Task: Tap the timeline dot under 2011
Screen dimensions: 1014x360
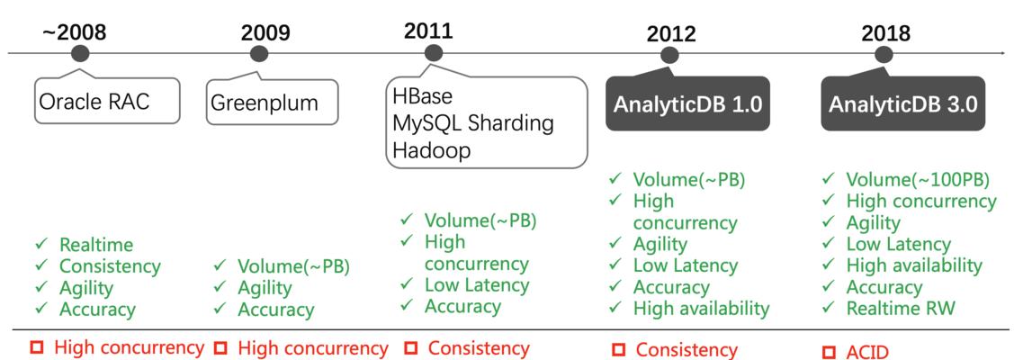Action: click(434, 54)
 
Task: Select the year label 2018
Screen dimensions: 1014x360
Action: click(885, 33)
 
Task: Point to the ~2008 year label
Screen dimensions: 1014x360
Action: click(75, 31)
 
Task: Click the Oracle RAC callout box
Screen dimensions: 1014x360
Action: click(107, 100)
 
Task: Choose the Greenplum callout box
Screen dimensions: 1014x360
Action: click(272, 102)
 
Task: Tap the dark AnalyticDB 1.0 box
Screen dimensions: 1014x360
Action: click(687, 103)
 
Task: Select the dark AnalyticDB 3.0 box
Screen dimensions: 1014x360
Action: click(902, 103)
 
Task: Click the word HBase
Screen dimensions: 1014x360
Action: click(423, 95)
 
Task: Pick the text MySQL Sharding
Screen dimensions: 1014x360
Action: click(473, 122)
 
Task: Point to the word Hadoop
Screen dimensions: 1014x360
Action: click(431, 150)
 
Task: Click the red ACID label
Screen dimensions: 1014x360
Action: click(868, 352)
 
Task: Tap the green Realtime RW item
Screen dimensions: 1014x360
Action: click(900, 309)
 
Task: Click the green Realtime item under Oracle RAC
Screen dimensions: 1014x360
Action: click(96, 245)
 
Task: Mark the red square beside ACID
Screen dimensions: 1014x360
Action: click(829, 352)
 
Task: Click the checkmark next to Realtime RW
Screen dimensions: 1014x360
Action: click(829, 308)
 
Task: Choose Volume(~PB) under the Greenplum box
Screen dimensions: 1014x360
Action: click(293, 266)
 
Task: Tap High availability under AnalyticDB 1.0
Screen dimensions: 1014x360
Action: click(702, 309)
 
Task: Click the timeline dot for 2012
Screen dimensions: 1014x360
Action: click(670, 55)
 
